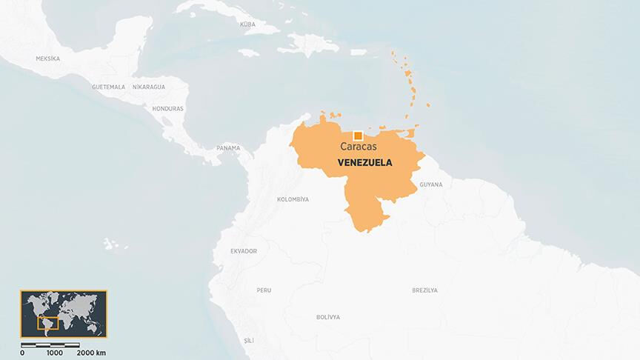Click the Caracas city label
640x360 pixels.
click(358, 147)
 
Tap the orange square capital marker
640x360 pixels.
click(358, 135)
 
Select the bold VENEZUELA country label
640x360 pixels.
click(364, 161)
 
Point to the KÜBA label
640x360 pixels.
click(247, 24)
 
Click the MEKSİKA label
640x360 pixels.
click(47, 58)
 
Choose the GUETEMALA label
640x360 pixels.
click(108, 87)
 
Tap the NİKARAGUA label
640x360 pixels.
click(149, 87)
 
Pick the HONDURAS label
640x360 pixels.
click(167, 108)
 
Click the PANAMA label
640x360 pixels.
click(228, 147)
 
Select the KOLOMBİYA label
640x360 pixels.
click(293, 199)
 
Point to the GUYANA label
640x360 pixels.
click(430, 184)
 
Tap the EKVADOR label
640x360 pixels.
click(244, 251)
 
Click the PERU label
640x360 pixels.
click(264, 290)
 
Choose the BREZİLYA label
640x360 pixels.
click(424, 290)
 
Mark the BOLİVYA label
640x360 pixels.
click(327, 317)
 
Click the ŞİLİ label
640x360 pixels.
click(248, 340)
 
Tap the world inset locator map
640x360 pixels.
click(64, 314)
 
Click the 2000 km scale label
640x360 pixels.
click(91, 353)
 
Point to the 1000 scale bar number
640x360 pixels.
click(54, 353)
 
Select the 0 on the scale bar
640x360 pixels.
click(21, 353)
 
